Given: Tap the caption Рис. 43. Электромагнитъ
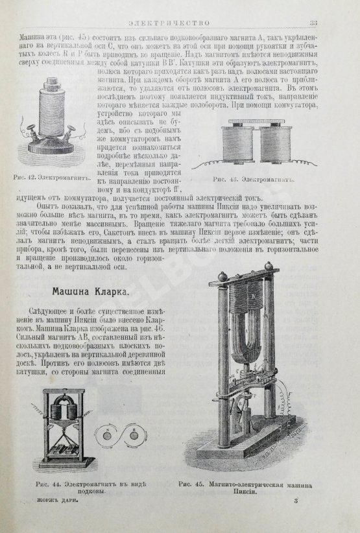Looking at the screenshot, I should [254, 176].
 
